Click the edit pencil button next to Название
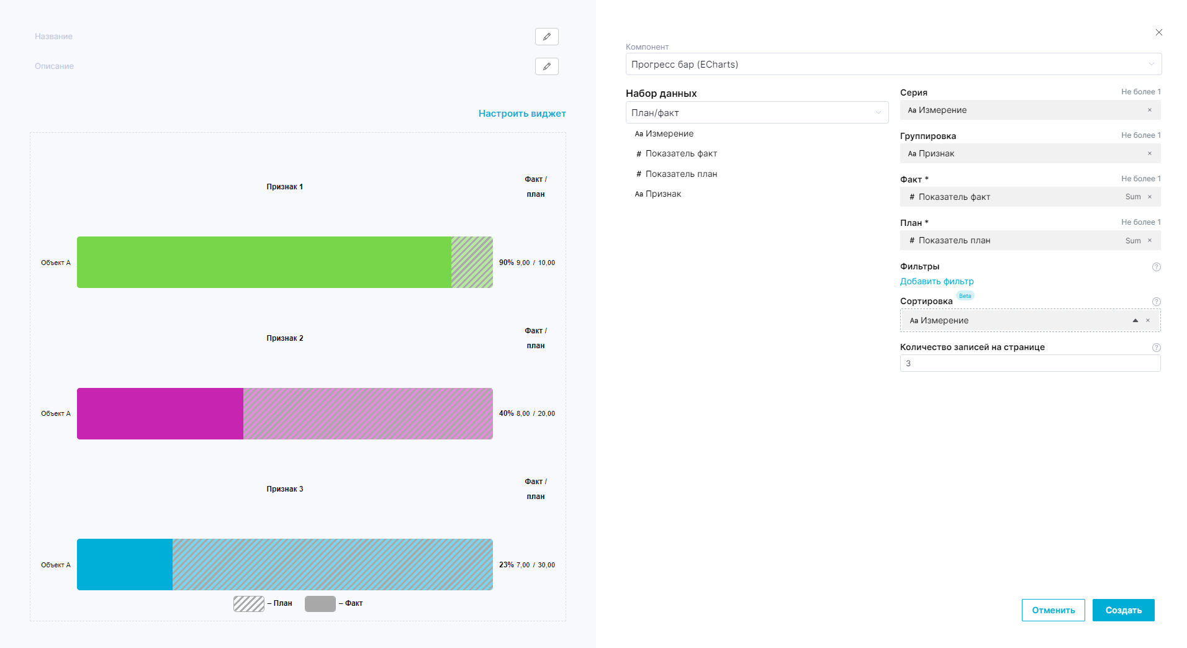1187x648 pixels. (546, 37)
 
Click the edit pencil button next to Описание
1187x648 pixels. (546, 66)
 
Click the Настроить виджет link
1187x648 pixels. (521, 114)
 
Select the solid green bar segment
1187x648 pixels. (264, 262)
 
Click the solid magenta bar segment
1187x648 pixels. (160, 413)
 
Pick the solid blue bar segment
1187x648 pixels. (125, 564)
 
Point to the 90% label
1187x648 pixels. (506, 263)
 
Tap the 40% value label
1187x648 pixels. (506, 413)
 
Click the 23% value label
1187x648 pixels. (506, 565)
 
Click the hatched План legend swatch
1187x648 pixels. (249, 603)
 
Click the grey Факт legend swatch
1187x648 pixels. (320, 603)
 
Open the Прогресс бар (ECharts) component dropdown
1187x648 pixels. (893, 64)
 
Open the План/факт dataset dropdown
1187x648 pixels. (756, 112)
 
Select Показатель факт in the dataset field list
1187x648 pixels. (680, 153)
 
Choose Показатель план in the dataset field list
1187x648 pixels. (680, 174)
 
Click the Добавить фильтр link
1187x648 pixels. (936, 281)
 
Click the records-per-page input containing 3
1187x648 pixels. (1029, 363)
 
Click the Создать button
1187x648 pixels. (1123, 610)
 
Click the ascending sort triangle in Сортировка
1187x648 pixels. (1135, 320)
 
